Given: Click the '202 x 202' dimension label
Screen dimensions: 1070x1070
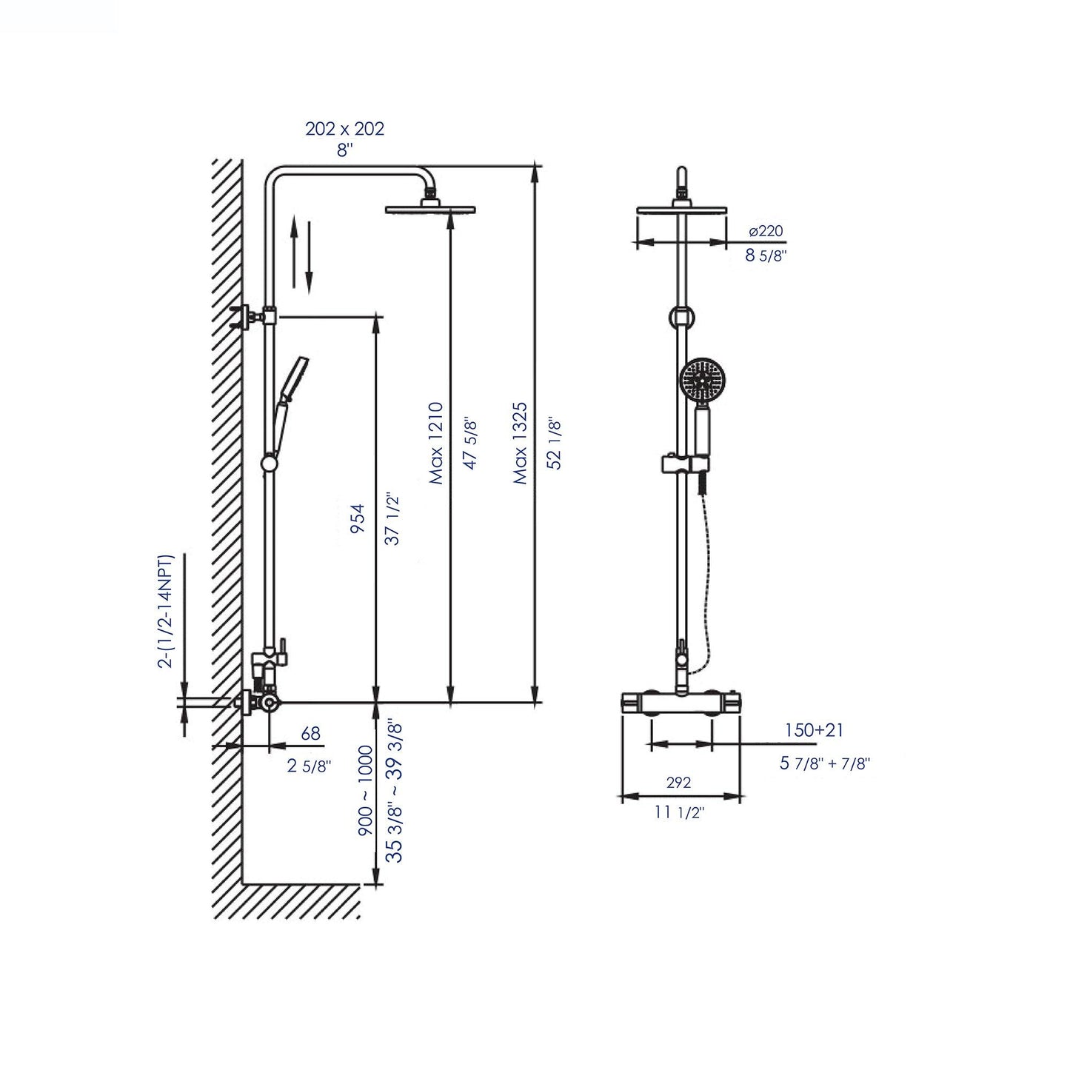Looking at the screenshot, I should [x=344, y=128].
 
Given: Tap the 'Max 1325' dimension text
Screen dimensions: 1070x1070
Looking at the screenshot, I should [x=521, y=443].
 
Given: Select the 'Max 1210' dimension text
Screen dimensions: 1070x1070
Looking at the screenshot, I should [x=436, y=443].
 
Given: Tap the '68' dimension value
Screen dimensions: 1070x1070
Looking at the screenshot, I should [x=310, y=733].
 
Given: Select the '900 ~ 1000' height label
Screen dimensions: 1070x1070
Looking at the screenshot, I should [x=365, y=792].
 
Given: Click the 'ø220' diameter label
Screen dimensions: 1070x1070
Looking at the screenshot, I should [x=765, y=231].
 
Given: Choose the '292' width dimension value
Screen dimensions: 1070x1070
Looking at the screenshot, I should [x=678, y=782].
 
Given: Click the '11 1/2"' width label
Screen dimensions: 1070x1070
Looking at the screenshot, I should [x=679, y=812].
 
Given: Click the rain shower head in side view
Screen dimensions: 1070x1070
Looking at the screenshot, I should [x=430, y=210].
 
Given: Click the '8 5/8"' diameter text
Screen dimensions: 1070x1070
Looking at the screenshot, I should [x=765, y=255].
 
